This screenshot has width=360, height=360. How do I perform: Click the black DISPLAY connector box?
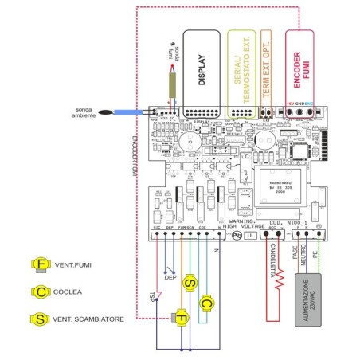(202, 68)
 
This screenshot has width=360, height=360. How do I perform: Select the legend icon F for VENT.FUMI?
(40, 264)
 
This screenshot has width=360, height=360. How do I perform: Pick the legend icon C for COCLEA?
(40, 292)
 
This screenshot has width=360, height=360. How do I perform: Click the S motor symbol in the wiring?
(190, 282)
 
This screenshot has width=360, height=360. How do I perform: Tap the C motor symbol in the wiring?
(206, 303)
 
